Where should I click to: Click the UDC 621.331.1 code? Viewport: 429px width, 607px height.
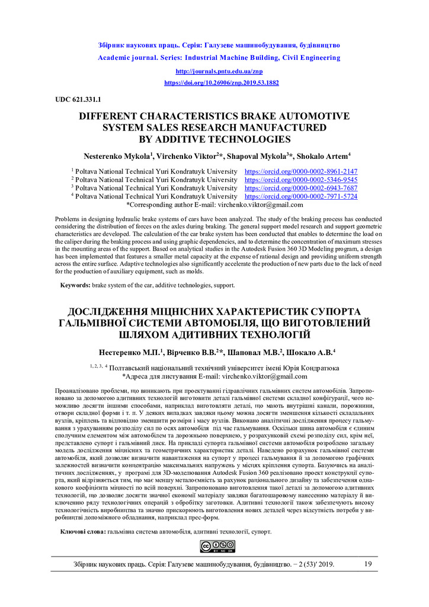tap(78, 98)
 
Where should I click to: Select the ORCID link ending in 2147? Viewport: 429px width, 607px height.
tap(301, 171)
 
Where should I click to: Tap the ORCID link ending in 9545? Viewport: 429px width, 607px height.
tap(301, 179)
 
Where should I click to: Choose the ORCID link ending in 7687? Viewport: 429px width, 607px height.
tap(301, 187)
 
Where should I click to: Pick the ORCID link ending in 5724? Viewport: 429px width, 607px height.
tap(301, 196)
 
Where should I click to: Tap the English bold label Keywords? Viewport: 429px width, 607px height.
tap(75, 285)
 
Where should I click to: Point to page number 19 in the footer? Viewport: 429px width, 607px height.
tap(368, 564)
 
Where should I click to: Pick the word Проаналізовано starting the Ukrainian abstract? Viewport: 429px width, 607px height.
tap(78, 391)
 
